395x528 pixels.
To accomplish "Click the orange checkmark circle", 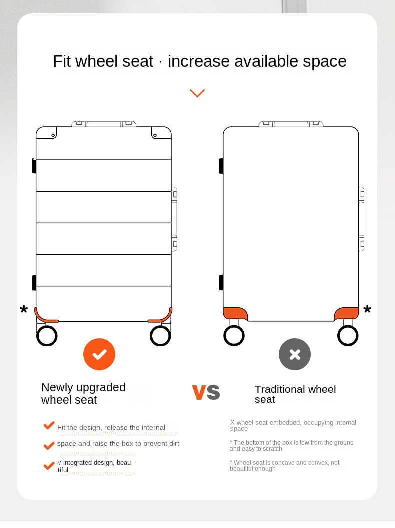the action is [99, 354].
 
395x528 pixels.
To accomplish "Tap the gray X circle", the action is [295, 354].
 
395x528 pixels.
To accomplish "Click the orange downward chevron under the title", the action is [197, 93].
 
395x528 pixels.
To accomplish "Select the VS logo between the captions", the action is [206, 392].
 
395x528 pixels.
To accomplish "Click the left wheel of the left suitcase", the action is [47, 336].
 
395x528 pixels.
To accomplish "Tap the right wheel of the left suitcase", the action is [160, 336].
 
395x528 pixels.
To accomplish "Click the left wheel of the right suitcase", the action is [234, 336].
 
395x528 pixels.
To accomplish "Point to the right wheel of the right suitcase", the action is [348, 336].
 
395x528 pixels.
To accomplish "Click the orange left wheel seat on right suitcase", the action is [235, 313].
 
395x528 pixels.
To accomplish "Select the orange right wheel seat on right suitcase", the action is [346, 313].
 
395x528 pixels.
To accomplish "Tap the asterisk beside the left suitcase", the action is [24, 309].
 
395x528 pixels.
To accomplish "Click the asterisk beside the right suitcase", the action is [367, 309].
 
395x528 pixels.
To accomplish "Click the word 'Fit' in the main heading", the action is [62, 61].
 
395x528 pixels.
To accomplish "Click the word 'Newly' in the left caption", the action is [57, 388].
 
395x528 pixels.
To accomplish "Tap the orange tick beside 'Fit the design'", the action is [49, 425].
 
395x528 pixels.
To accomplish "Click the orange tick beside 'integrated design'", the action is [49, 466].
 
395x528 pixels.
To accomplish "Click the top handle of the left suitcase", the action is [104, 124].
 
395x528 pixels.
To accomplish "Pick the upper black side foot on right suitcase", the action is [221, 166].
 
